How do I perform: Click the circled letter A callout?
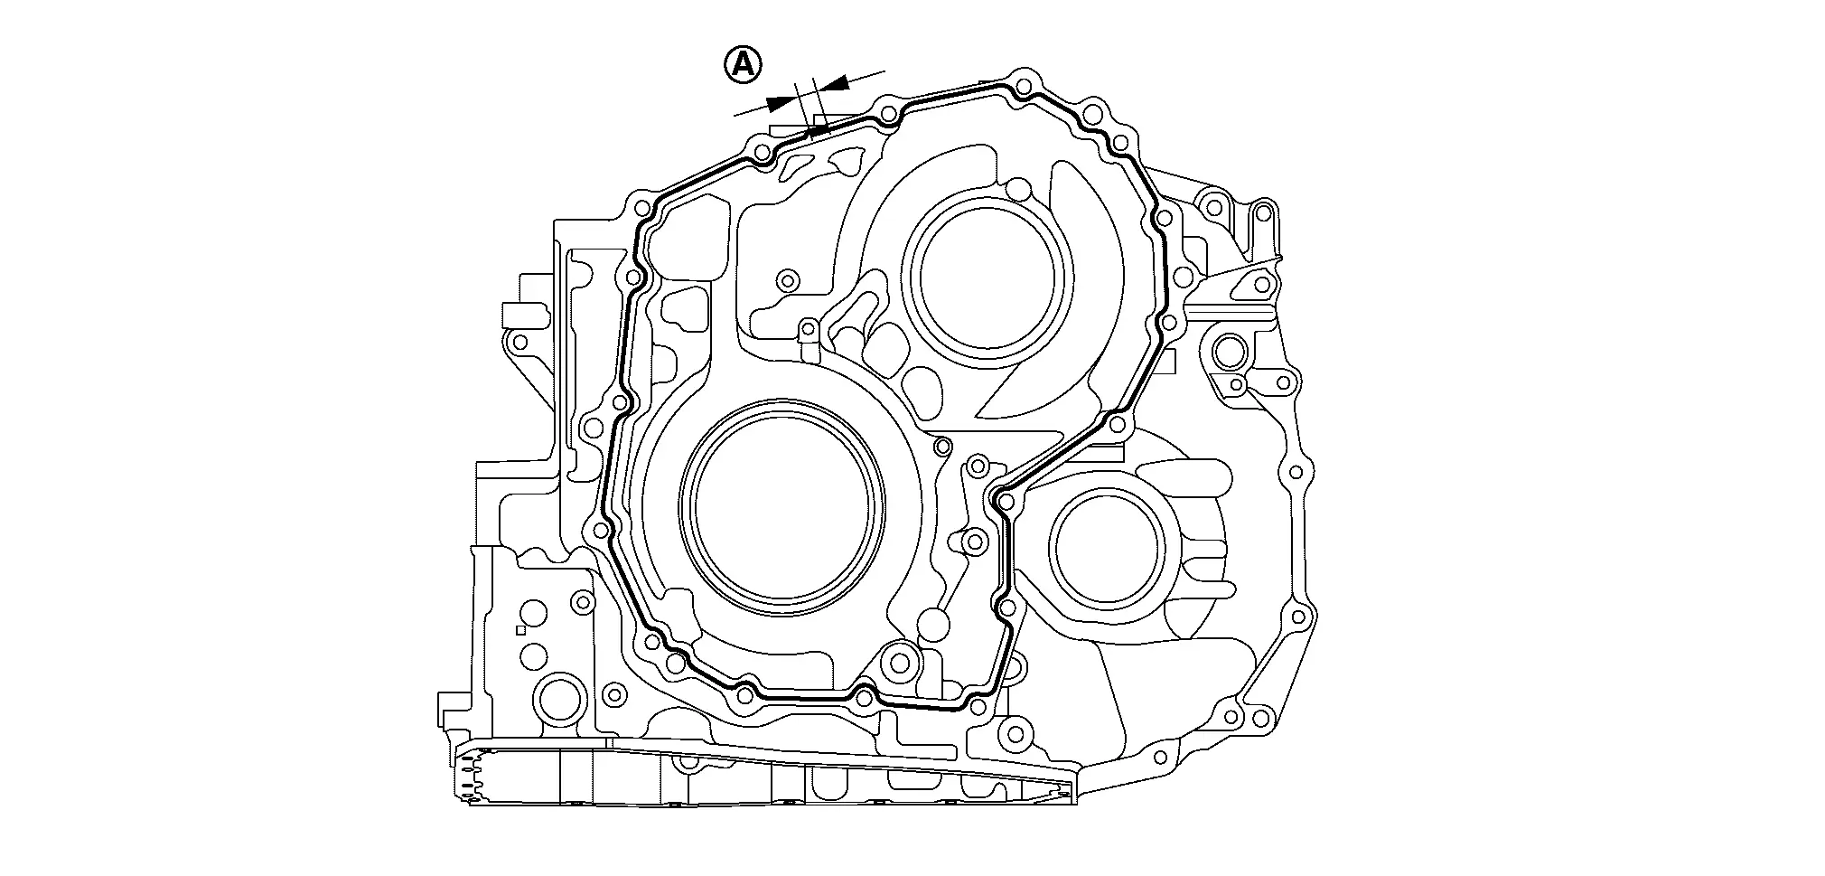[x=743, y=64]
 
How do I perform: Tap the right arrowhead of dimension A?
[x=836, y=84]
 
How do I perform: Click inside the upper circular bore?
[x=989, y=276]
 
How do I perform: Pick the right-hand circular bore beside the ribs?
[x=1106, y=548]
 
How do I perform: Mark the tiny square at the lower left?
[x=519, y=630]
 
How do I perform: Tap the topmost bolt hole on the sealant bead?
[x=1023, y=87]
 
